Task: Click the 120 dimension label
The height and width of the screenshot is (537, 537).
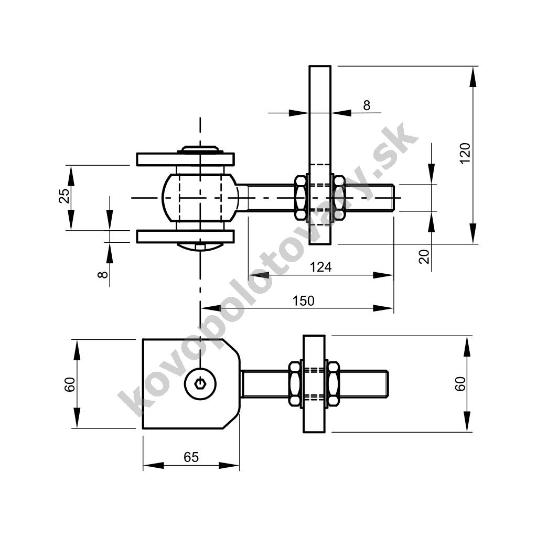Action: [x=465, y=154]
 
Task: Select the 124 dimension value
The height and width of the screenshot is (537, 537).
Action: [x=320, y=267]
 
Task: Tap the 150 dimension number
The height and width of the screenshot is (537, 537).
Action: [x=304, y=300]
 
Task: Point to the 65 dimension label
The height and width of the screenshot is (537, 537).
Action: [x=191, y=457]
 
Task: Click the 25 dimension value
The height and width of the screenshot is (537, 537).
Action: [x=65, y=196]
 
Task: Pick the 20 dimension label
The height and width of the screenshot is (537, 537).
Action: [x=424, y=256]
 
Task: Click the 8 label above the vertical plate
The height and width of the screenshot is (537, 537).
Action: [x=367, y=105]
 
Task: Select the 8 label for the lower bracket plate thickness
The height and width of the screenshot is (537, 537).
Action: [x=103, y=274]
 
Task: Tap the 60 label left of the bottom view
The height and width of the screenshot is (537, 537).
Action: [x=70, y=384]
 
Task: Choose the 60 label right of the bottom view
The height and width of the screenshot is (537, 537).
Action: [x=460, y=383]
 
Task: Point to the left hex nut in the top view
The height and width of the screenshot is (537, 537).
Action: [x=300, y=198]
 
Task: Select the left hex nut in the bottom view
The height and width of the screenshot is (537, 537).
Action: [x=295, y=384]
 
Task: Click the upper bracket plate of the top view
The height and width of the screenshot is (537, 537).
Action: [x=185, y=159]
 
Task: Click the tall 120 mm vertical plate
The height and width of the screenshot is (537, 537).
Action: [x=320, y=155]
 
